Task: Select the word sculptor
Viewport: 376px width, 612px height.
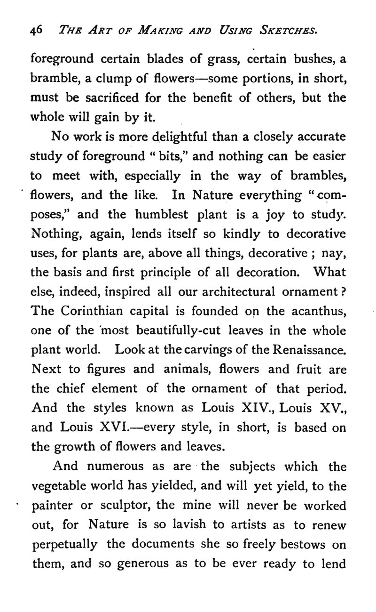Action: pos(127,506)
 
